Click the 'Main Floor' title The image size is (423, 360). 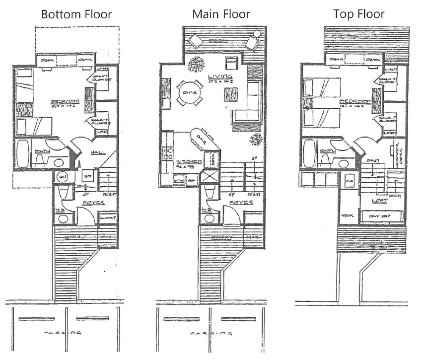221,14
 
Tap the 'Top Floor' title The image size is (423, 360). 359,14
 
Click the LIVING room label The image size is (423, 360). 220,76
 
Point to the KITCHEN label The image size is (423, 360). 189,162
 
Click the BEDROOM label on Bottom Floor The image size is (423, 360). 63,104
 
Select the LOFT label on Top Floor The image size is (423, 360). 380,201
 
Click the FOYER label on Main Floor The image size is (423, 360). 241,203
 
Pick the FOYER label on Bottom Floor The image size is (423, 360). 90,203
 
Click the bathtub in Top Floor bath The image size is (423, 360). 310,153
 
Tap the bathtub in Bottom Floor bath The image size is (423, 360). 22,153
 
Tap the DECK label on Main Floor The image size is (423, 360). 217,40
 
